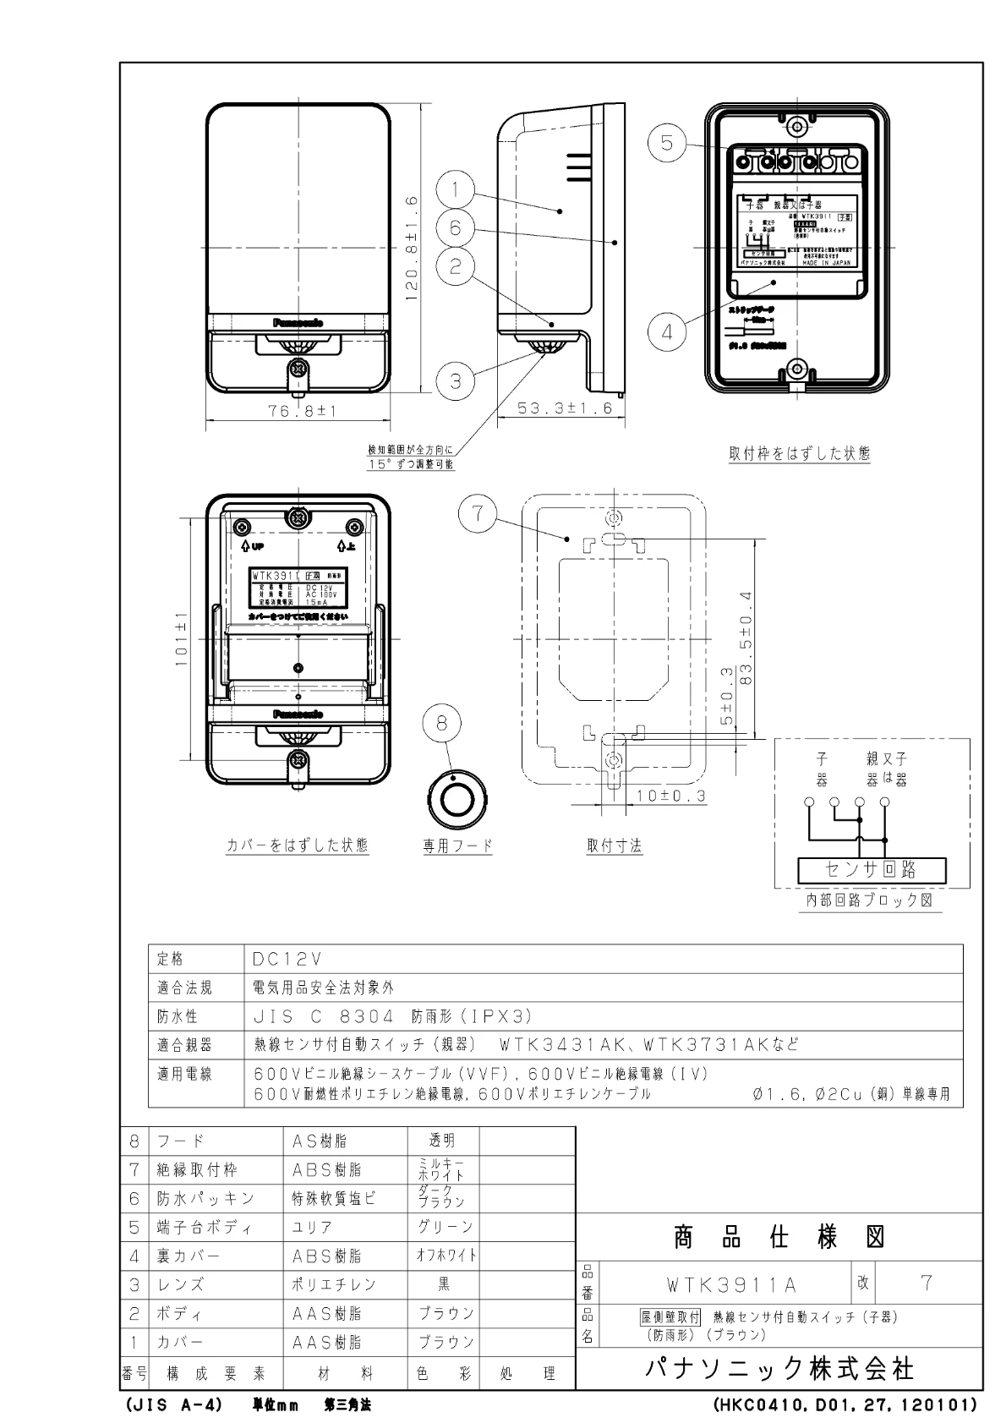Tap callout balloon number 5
coord(668,144)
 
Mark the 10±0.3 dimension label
coord(672,796)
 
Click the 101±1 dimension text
coord(182,645)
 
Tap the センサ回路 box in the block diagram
coord(872,869)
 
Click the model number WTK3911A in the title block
coord(731,1285)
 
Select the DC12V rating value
coord(288,959)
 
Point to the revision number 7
coord(927,1283)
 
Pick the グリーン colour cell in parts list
coord(444,1227)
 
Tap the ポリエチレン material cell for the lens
coord(334,1284)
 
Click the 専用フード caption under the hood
coord(457,846)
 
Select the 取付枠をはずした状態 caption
coord(799,453)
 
